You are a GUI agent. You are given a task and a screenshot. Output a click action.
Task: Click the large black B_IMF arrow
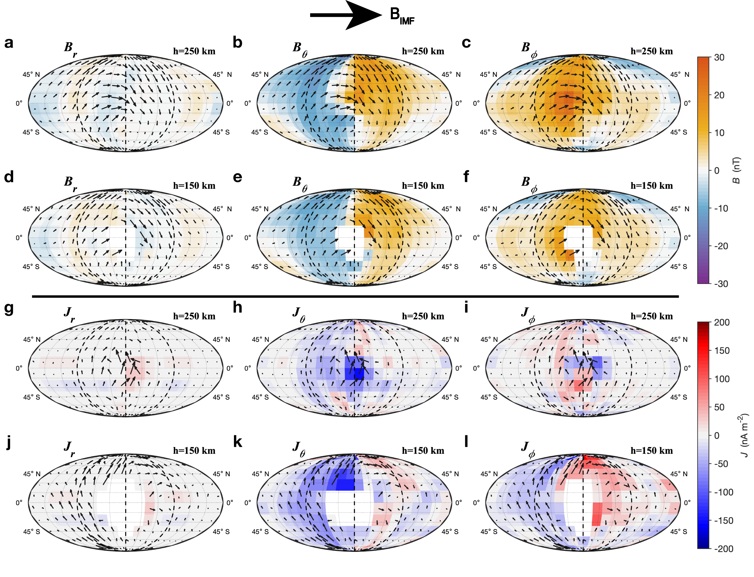tap(345, 15)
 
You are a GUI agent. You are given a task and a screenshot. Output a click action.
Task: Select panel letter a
tap(9, 43)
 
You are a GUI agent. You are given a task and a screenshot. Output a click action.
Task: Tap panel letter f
tap(466, 177)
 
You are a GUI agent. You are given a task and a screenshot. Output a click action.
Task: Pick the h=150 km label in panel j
tap(194, 451)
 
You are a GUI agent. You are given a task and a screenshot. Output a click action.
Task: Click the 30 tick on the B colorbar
tap(719, 57)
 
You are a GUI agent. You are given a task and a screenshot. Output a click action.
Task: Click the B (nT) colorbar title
tap(736, 170)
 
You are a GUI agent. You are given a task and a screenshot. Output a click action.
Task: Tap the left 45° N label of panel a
tap(31, 74)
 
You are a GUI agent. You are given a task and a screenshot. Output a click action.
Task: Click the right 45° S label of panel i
tap(678, 397)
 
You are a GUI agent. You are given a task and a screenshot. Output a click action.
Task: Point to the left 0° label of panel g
tap(19, 368)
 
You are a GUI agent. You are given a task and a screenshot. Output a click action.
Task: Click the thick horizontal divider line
tap(355, 296)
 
